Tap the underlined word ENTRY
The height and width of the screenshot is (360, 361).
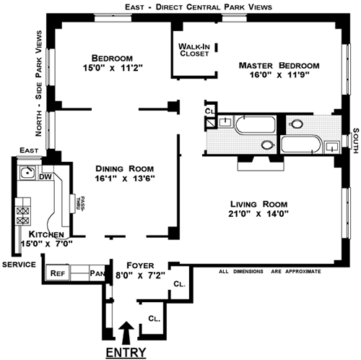click(126, 353)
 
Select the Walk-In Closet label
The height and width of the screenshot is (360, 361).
click(194, 50)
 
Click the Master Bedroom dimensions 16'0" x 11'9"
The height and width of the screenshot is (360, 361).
click(279, 75)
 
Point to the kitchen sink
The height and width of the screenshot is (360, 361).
click(27, 172)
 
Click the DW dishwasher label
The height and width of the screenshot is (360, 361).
click(45, 177)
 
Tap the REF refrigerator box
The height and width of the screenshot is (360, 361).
click(58, 273)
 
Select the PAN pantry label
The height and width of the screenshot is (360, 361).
click(97, 273)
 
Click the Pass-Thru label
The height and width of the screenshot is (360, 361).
click(80, 204)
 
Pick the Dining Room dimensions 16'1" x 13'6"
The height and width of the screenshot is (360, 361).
click(125, 179)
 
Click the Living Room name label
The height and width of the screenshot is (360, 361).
click(259, 204)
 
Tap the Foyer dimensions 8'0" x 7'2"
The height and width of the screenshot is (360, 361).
click(140, 275)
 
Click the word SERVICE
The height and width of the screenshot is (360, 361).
click(19, 265)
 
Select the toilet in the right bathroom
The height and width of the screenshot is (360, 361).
click(296, 124)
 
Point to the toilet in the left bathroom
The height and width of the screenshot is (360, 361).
click(268, 145)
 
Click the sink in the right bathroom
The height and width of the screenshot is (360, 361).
click(332, 147)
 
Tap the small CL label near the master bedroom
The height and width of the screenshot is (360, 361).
click(209, 111)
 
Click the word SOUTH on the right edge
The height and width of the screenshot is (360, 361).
click(356, 140)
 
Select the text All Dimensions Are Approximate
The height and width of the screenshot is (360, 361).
click(270, 272)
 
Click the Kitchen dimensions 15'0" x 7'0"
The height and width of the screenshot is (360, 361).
click(47, 244)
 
